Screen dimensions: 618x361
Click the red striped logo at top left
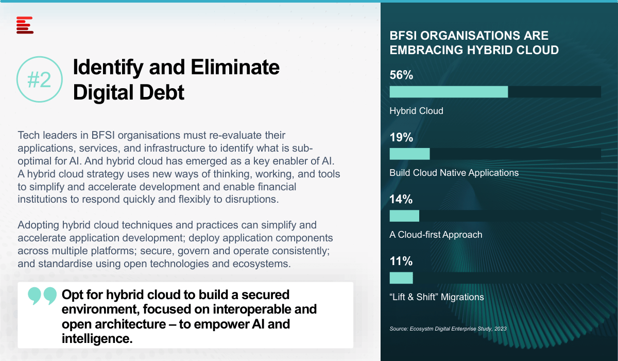(25, 25)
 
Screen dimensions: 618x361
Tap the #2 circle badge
(40, 79)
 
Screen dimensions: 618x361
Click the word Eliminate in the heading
(235, 67)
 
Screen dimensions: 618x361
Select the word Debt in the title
(162, 92)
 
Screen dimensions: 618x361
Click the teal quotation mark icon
(42, 296)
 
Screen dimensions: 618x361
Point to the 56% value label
(401, 75)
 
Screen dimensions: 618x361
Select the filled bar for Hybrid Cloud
(449, 92)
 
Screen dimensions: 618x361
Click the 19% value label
(401, 137)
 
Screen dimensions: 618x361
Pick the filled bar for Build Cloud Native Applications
(410, 154)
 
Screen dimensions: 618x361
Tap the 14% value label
(401, 199)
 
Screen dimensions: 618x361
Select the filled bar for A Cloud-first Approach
(404, 216)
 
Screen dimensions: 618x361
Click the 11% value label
(401, 261)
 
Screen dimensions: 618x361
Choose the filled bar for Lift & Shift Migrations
(401, 278)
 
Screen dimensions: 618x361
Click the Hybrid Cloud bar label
(416, 111)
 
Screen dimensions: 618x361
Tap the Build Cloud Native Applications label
(454, 173)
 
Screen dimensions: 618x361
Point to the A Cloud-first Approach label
(436, 235)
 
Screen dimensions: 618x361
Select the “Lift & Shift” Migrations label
(437, 297)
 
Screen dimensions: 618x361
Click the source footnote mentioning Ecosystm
(448, 329)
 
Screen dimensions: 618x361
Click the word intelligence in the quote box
(97, 339)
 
